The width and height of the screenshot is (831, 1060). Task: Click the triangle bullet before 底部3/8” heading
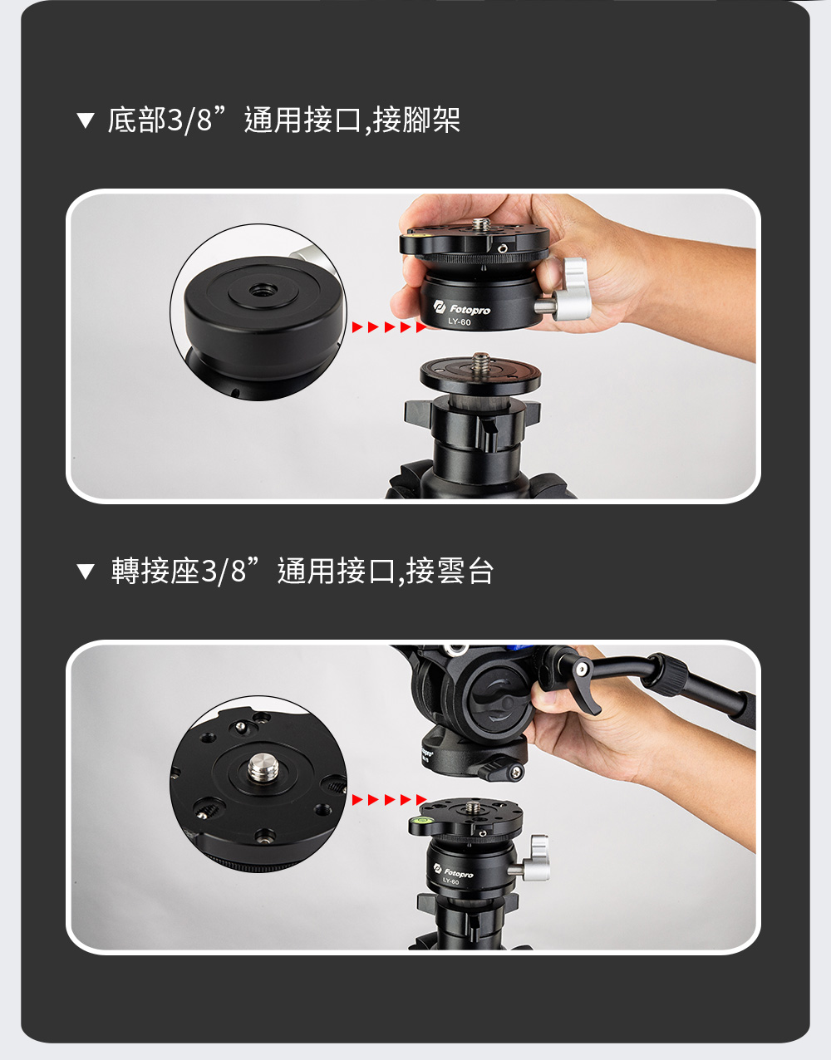86,120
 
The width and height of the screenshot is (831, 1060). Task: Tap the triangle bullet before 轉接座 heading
86,572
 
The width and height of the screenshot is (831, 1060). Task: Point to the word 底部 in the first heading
137,120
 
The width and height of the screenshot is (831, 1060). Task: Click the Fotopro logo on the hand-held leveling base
461,308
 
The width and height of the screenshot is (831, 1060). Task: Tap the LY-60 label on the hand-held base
460,322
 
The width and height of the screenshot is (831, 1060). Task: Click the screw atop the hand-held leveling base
482,225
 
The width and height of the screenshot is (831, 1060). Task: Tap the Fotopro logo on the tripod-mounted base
454,871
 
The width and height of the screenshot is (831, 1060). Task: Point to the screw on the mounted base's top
473,807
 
